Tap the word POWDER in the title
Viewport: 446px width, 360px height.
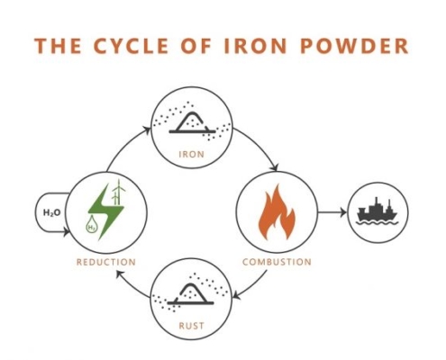[x=354, y=46]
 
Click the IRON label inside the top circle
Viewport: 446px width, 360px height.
[x=191, y=154]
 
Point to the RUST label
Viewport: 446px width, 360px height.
[x=191, y=326]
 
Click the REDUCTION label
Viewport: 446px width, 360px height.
[x=106, y=262]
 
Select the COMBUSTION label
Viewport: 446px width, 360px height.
[x=277, y=262]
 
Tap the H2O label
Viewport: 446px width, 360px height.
[x=51, y=212]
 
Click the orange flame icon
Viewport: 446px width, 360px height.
[x=277, y=212]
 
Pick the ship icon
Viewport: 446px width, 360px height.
[x=378, y=211]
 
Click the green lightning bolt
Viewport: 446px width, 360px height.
[x=105, y=211]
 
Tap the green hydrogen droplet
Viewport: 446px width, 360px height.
[x=91, y=225]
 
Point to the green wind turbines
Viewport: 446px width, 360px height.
[x=118, y=192]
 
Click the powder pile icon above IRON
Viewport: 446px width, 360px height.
[x=192, y=121]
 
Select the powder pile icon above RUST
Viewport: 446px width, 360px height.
[x=191, y=292]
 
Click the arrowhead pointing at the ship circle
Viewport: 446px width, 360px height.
[x=343, y=212]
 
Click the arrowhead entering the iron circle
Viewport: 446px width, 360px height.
[x=147, y=130]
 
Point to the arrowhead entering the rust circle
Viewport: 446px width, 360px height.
[x=236, y=295]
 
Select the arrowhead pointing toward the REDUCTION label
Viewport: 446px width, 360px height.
[x=120, y=274]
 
